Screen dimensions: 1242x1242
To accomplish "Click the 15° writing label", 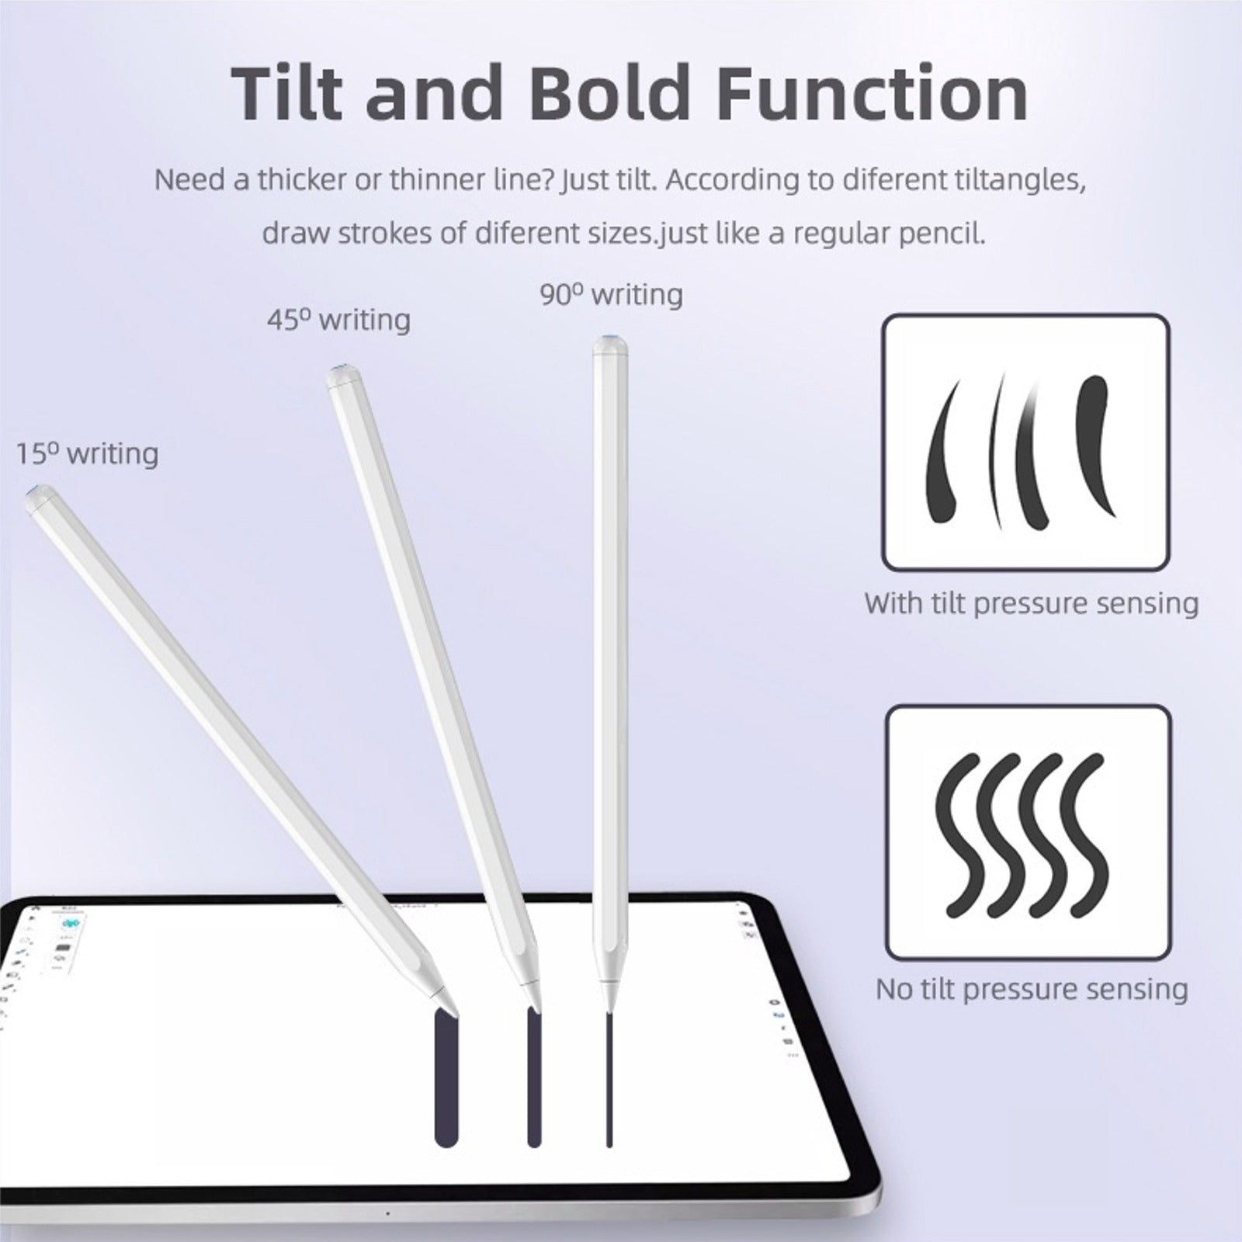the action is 88,453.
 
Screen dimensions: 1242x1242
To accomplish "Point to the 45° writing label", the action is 339,319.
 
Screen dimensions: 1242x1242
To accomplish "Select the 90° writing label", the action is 612,294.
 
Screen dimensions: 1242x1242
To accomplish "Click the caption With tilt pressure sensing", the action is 1032,603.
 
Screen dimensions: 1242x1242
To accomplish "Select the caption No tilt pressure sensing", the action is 1032,989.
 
